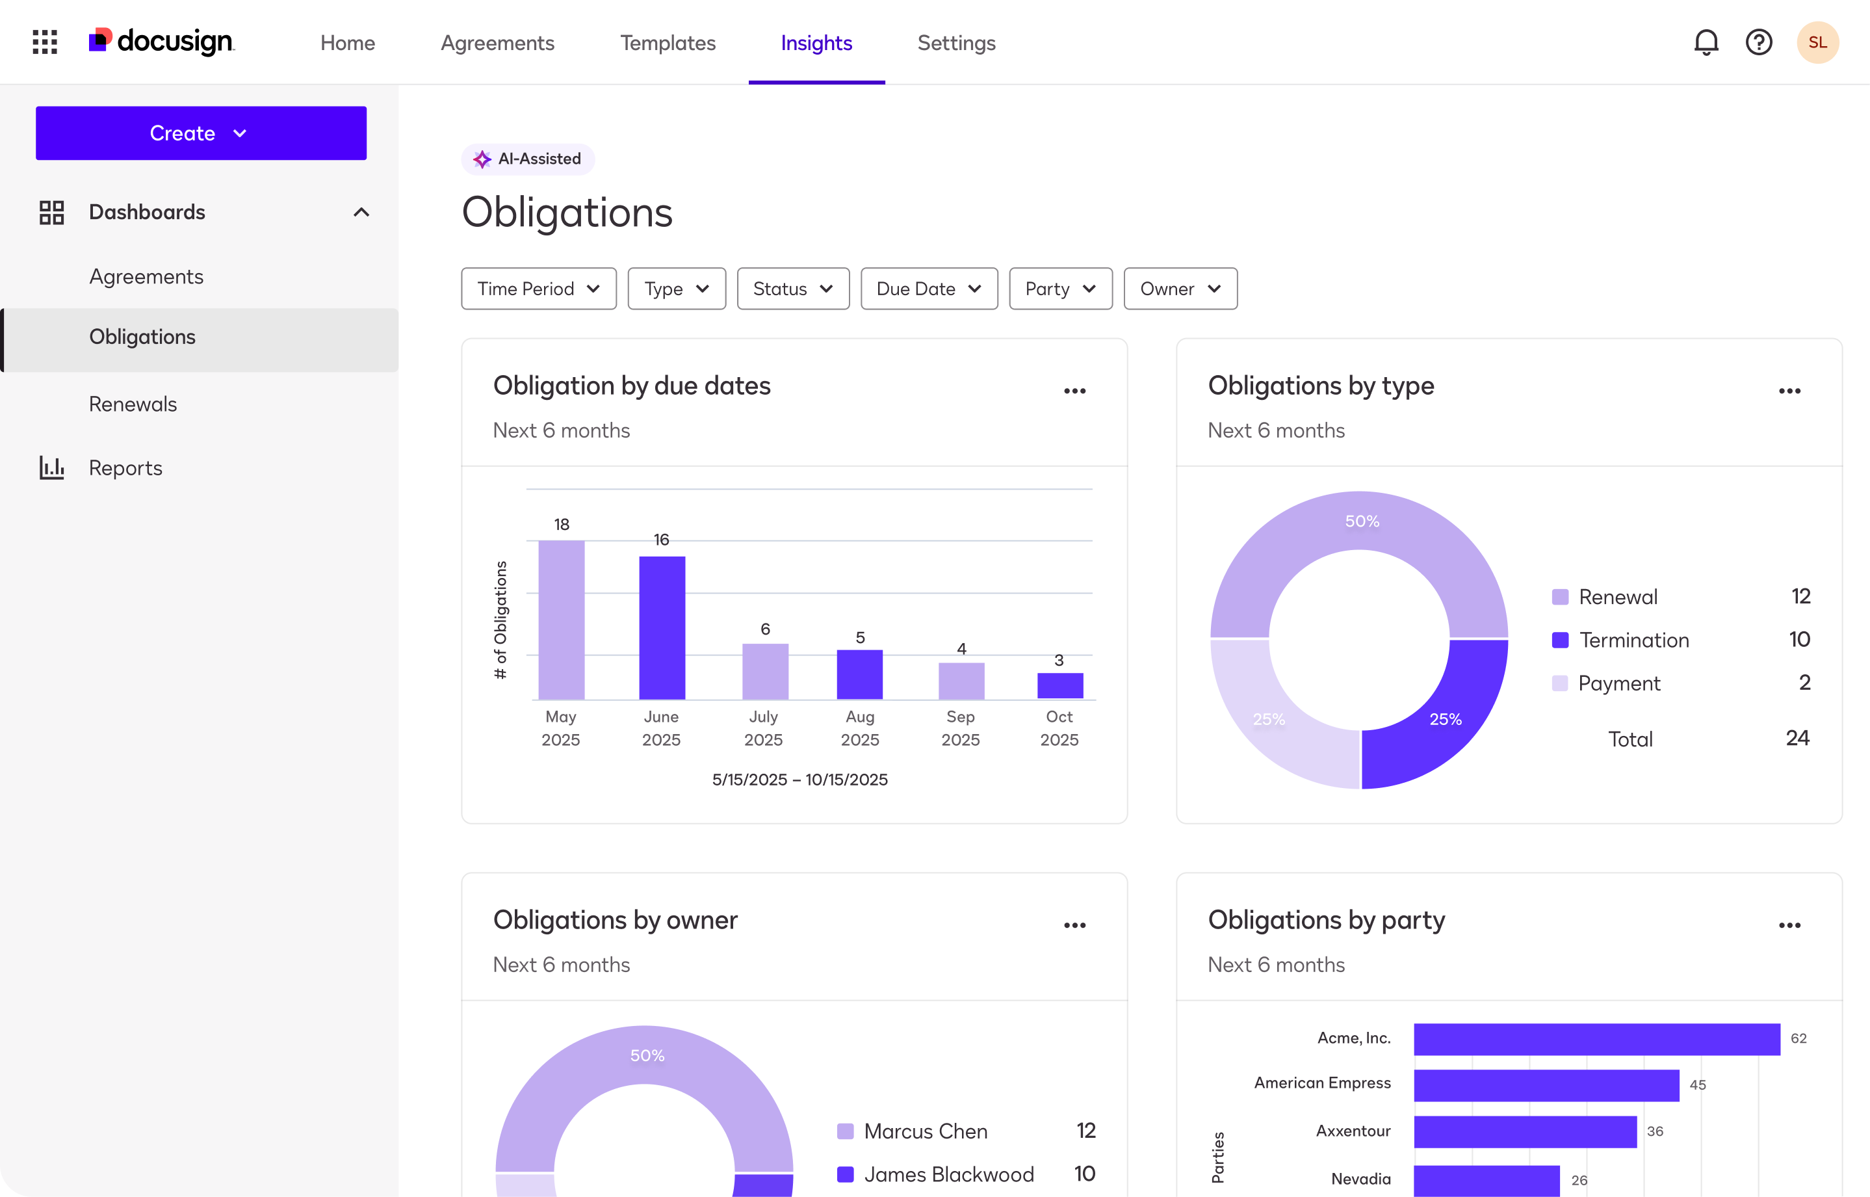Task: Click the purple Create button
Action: point(200,133)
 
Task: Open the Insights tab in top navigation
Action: point(816,43)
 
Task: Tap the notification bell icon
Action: point(1706,42)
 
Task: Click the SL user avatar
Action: point(1817,42)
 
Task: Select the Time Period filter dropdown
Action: point(538,289)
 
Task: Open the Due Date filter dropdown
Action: point(928,289)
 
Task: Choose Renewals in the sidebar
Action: point(133,404)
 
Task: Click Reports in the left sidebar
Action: point(125,468)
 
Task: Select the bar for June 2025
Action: point(662,627)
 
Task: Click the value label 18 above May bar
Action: point(562,525)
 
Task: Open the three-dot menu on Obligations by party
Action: point(1789,925)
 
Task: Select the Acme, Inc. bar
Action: point(1596,1039)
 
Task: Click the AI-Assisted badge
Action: point(528,159)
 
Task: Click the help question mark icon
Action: point(1758,42)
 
